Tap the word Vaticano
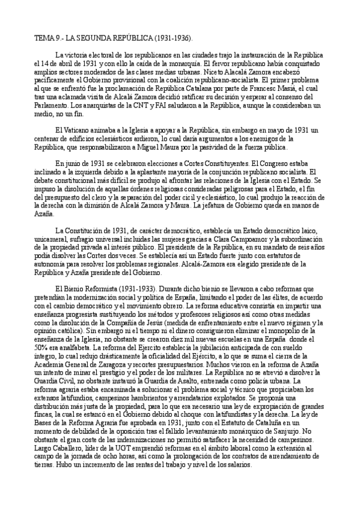[x=78, y=131]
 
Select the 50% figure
[x=40, y=348]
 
